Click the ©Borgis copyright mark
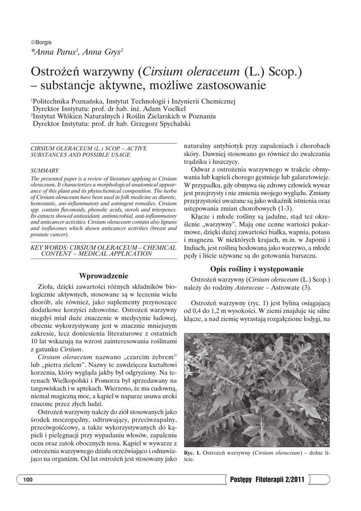pos(41,42)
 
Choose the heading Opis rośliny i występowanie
pos(257,269)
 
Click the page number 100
pos(27,480)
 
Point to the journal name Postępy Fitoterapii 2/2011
pos(267,480)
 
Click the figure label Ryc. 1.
pos(192,453)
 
